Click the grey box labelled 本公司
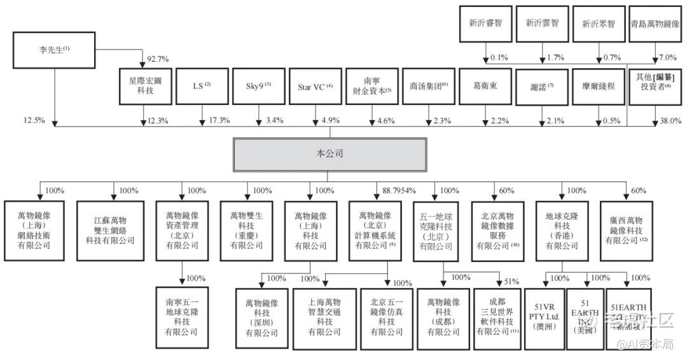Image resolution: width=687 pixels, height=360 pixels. pos(329,155)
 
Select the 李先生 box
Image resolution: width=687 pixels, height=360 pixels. pos(53,50)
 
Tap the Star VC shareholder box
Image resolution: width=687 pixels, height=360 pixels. pos(315,86)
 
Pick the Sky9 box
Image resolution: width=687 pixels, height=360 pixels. pos(259,86)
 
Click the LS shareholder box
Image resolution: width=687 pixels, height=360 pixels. pos(202,86)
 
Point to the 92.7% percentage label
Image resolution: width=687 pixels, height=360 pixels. pos(158,59)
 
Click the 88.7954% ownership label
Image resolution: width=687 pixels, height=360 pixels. pos(399,190)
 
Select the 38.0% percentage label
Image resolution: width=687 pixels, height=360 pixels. pos(667,121)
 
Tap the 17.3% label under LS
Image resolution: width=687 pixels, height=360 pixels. pos(218,121)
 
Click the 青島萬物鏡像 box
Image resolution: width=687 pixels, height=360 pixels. pos(655,24)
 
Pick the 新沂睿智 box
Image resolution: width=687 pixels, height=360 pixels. pos(485,24)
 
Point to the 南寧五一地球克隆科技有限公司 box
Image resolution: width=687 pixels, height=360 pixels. pos(181,315)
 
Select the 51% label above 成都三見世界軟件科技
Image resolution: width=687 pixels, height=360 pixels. pos(511,280)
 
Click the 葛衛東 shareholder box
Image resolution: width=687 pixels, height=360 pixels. pos(485,86)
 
